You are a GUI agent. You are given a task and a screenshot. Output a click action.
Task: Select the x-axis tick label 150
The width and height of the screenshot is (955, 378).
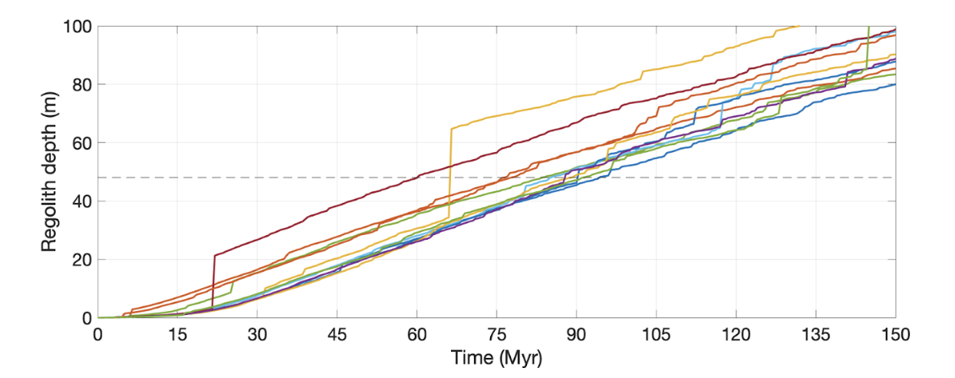coord(895,335)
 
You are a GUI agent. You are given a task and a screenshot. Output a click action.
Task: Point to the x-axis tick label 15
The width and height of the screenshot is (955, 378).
coord(177,335)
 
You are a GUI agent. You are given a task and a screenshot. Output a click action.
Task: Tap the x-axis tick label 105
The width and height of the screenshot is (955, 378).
coord(656,335)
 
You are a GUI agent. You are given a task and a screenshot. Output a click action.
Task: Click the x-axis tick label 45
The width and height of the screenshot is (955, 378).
coord(337,335)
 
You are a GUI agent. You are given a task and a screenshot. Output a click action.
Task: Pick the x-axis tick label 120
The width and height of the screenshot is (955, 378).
coord(736,335)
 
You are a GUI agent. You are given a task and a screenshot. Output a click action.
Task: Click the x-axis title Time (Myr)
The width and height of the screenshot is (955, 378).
coord(496,359)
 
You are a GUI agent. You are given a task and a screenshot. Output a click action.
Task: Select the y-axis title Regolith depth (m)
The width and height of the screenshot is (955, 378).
coord(49,171)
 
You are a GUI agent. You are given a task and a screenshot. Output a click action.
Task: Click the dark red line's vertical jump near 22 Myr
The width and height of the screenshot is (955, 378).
coord(213,280)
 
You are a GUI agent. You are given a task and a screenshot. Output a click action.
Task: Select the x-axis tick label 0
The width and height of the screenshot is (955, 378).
coord(97,335)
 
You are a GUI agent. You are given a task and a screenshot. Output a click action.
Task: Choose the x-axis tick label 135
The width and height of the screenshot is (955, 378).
coord(815,335)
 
